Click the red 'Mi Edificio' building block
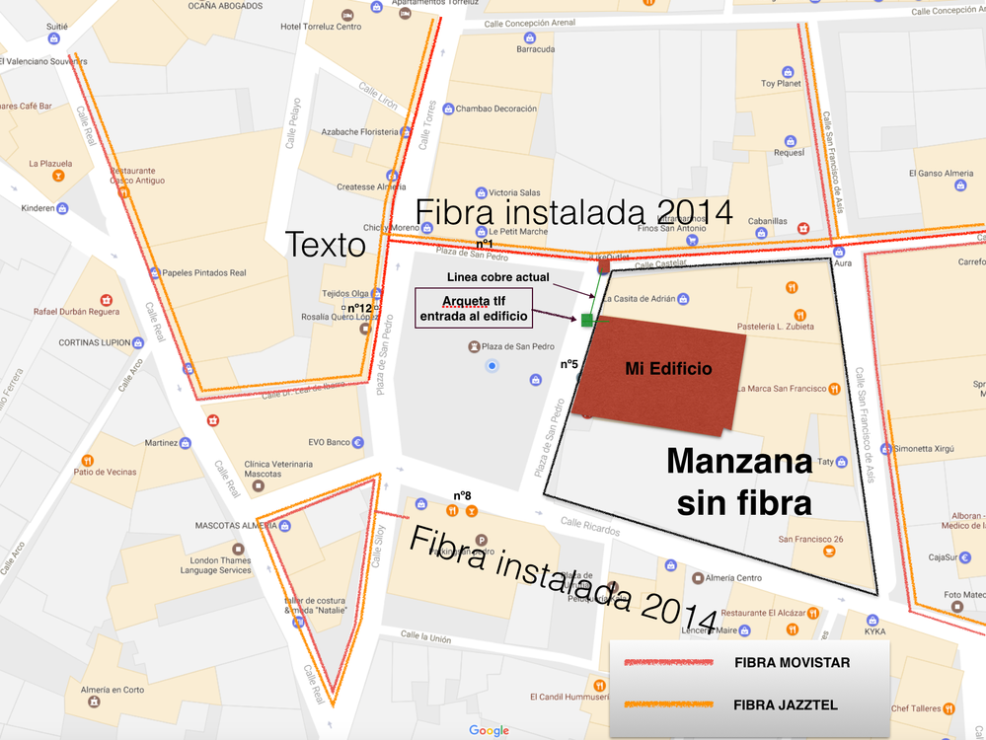pos(660,376)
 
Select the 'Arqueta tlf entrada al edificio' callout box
pos(473,307)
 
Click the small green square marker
pos(588,320)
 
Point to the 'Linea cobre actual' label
pos(497,277)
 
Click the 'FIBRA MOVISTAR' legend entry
pos(792,662)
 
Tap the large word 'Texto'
pos(326,244)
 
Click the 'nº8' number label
pos(462,495)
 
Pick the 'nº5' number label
pos(569,364)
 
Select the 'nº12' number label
pos(359,308)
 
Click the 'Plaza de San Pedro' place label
pos(515,347)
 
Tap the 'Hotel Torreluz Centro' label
pos(321,27)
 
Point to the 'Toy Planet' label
pos(782,84)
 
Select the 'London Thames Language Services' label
pos(222,565)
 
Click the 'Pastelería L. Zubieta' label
pos(776,326)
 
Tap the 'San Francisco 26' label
pos(810,539)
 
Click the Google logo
pos(489,730)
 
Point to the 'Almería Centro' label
pos(734,578)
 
